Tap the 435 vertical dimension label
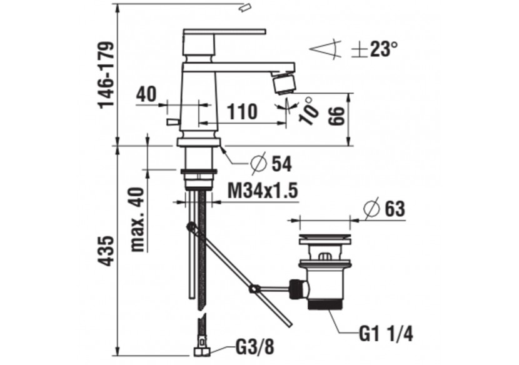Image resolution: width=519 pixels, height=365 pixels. [107, 251]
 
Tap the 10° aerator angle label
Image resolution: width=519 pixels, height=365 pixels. [307, 112]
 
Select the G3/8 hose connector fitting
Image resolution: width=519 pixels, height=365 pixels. [201, 345]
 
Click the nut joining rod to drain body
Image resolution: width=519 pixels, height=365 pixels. [295, 288]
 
